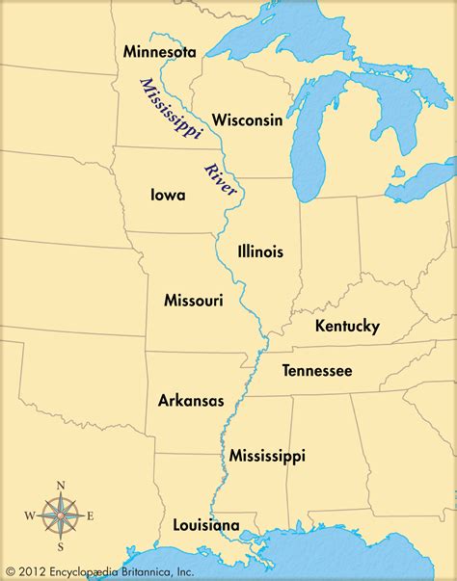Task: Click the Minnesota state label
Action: [160, 51]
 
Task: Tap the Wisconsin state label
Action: [247, 120]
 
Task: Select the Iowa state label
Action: [168, 194]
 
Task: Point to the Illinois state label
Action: [260, 251]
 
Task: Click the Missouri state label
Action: [194, 301]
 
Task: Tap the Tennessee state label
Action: [316, 371]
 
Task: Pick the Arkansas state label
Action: [191, 400]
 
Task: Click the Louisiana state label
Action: [205, 525]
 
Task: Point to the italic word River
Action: [220, 180]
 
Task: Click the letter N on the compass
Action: [61, 486]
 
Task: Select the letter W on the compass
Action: [29, 517]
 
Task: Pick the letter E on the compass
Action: [92, 517]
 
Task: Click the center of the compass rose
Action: [61, 517]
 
